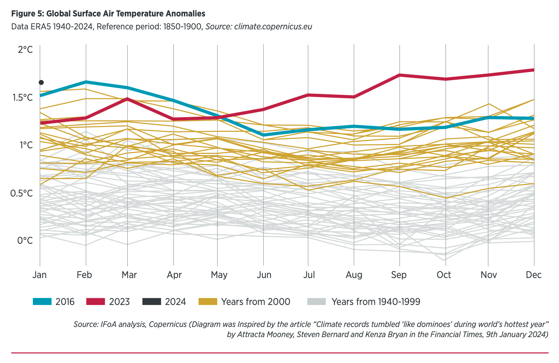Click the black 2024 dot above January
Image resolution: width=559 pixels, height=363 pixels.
click(x=41, y=83)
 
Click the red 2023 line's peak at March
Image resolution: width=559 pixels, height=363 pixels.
click(x=128, y=99)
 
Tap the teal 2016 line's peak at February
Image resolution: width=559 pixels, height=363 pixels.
click(x=86, y=82)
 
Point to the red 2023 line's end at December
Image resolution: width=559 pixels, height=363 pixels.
click(x=533, y=70)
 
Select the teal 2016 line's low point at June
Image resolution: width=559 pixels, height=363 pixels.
click(x=263, y=135)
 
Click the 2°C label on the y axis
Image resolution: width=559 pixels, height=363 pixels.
click(x=25, y=50)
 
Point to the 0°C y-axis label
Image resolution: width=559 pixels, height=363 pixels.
click(x=25, y=241)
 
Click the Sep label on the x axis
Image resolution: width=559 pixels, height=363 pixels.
click(x=399, y=275)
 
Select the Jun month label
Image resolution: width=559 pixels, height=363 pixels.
click(x=264, y=275)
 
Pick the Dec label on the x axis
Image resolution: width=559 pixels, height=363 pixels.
click(x=533, y=275)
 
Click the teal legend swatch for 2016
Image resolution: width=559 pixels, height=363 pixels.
click(x=42, y=301)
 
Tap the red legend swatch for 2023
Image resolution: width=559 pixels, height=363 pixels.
click(x=96, y=301)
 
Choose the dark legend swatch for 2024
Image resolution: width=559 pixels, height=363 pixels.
click(x=152, y=301)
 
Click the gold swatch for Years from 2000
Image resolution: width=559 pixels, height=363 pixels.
click(x=208, y=301)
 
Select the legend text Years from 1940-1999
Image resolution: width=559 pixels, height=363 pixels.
click(x=376, y=301)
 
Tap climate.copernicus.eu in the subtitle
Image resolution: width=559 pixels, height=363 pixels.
click(x=273, y=27)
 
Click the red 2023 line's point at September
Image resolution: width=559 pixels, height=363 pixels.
click(x=399, y=75)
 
